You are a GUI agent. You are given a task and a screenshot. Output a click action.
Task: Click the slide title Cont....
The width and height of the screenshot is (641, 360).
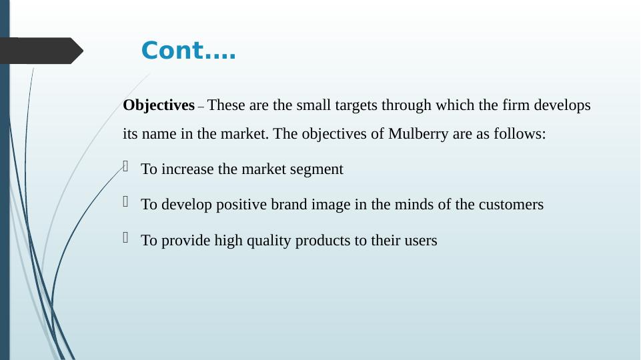coord(189,50)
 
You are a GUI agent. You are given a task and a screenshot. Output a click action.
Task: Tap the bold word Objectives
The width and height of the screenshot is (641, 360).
coord(159,105)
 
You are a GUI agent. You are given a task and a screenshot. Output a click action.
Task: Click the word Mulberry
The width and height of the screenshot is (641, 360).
coord(418,134)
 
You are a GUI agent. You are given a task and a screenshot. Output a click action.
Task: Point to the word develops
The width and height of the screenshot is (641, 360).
coord(562,105)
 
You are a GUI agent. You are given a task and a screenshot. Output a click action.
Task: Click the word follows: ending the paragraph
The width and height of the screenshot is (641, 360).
coord(520,133)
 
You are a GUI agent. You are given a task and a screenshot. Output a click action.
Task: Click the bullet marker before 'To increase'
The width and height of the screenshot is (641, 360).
coord(125,166)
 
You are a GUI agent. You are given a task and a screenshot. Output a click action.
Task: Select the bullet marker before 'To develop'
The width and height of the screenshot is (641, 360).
coord(125,201)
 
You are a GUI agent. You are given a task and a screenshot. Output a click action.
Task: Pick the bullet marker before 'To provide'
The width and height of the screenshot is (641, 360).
coord(125,237)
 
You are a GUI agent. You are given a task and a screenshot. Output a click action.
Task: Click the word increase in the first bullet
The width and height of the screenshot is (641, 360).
coord(187,169)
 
